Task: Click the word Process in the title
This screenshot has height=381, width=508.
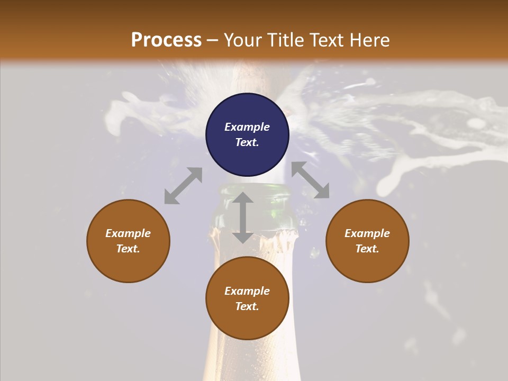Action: pos(166,40)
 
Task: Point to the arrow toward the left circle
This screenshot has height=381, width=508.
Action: pos(183,186)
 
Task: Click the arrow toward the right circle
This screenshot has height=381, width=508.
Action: pos(310,180)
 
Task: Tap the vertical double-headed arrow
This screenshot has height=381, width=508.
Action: pos(243,217)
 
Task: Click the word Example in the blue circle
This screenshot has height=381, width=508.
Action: pos(247,127)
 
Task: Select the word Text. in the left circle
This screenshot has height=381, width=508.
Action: pos(128,249)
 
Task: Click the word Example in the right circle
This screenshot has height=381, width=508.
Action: pos(367,233)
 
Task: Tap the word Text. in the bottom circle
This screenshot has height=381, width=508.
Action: pos(247,306)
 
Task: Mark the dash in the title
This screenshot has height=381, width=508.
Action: pos(213,41)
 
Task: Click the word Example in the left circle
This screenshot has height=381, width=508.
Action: pos(128,233)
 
